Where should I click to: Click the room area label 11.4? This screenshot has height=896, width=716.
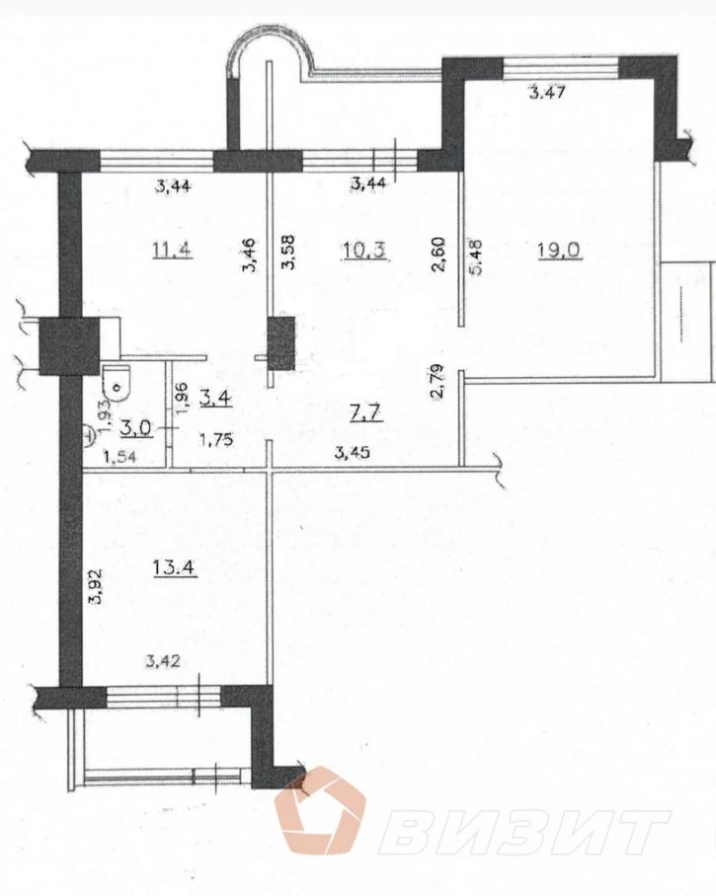click(x=172, y=250)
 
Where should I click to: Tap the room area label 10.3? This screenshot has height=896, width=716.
click(x=364, y=251)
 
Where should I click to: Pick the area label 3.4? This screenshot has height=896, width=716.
click(x=215, y=397)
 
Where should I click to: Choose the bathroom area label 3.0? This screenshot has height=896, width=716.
click(x=137, y=427)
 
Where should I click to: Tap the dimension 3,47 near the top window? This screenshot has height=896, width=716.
click(x=547, y=92)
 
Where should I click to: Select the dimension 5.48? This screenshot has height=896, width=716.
click(x=477, y=258)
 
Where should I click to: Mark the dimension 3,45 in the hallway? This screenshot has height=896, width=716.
click(x=353, y=453)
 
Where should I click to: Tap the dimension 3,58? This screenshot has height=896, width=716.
click(x=290, y=251)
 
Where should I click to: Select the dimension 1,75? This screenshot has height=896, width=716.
click(x=215, y=440)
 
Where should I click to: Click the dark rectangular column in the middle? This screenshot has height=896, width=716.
click(x=280, y=342)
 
